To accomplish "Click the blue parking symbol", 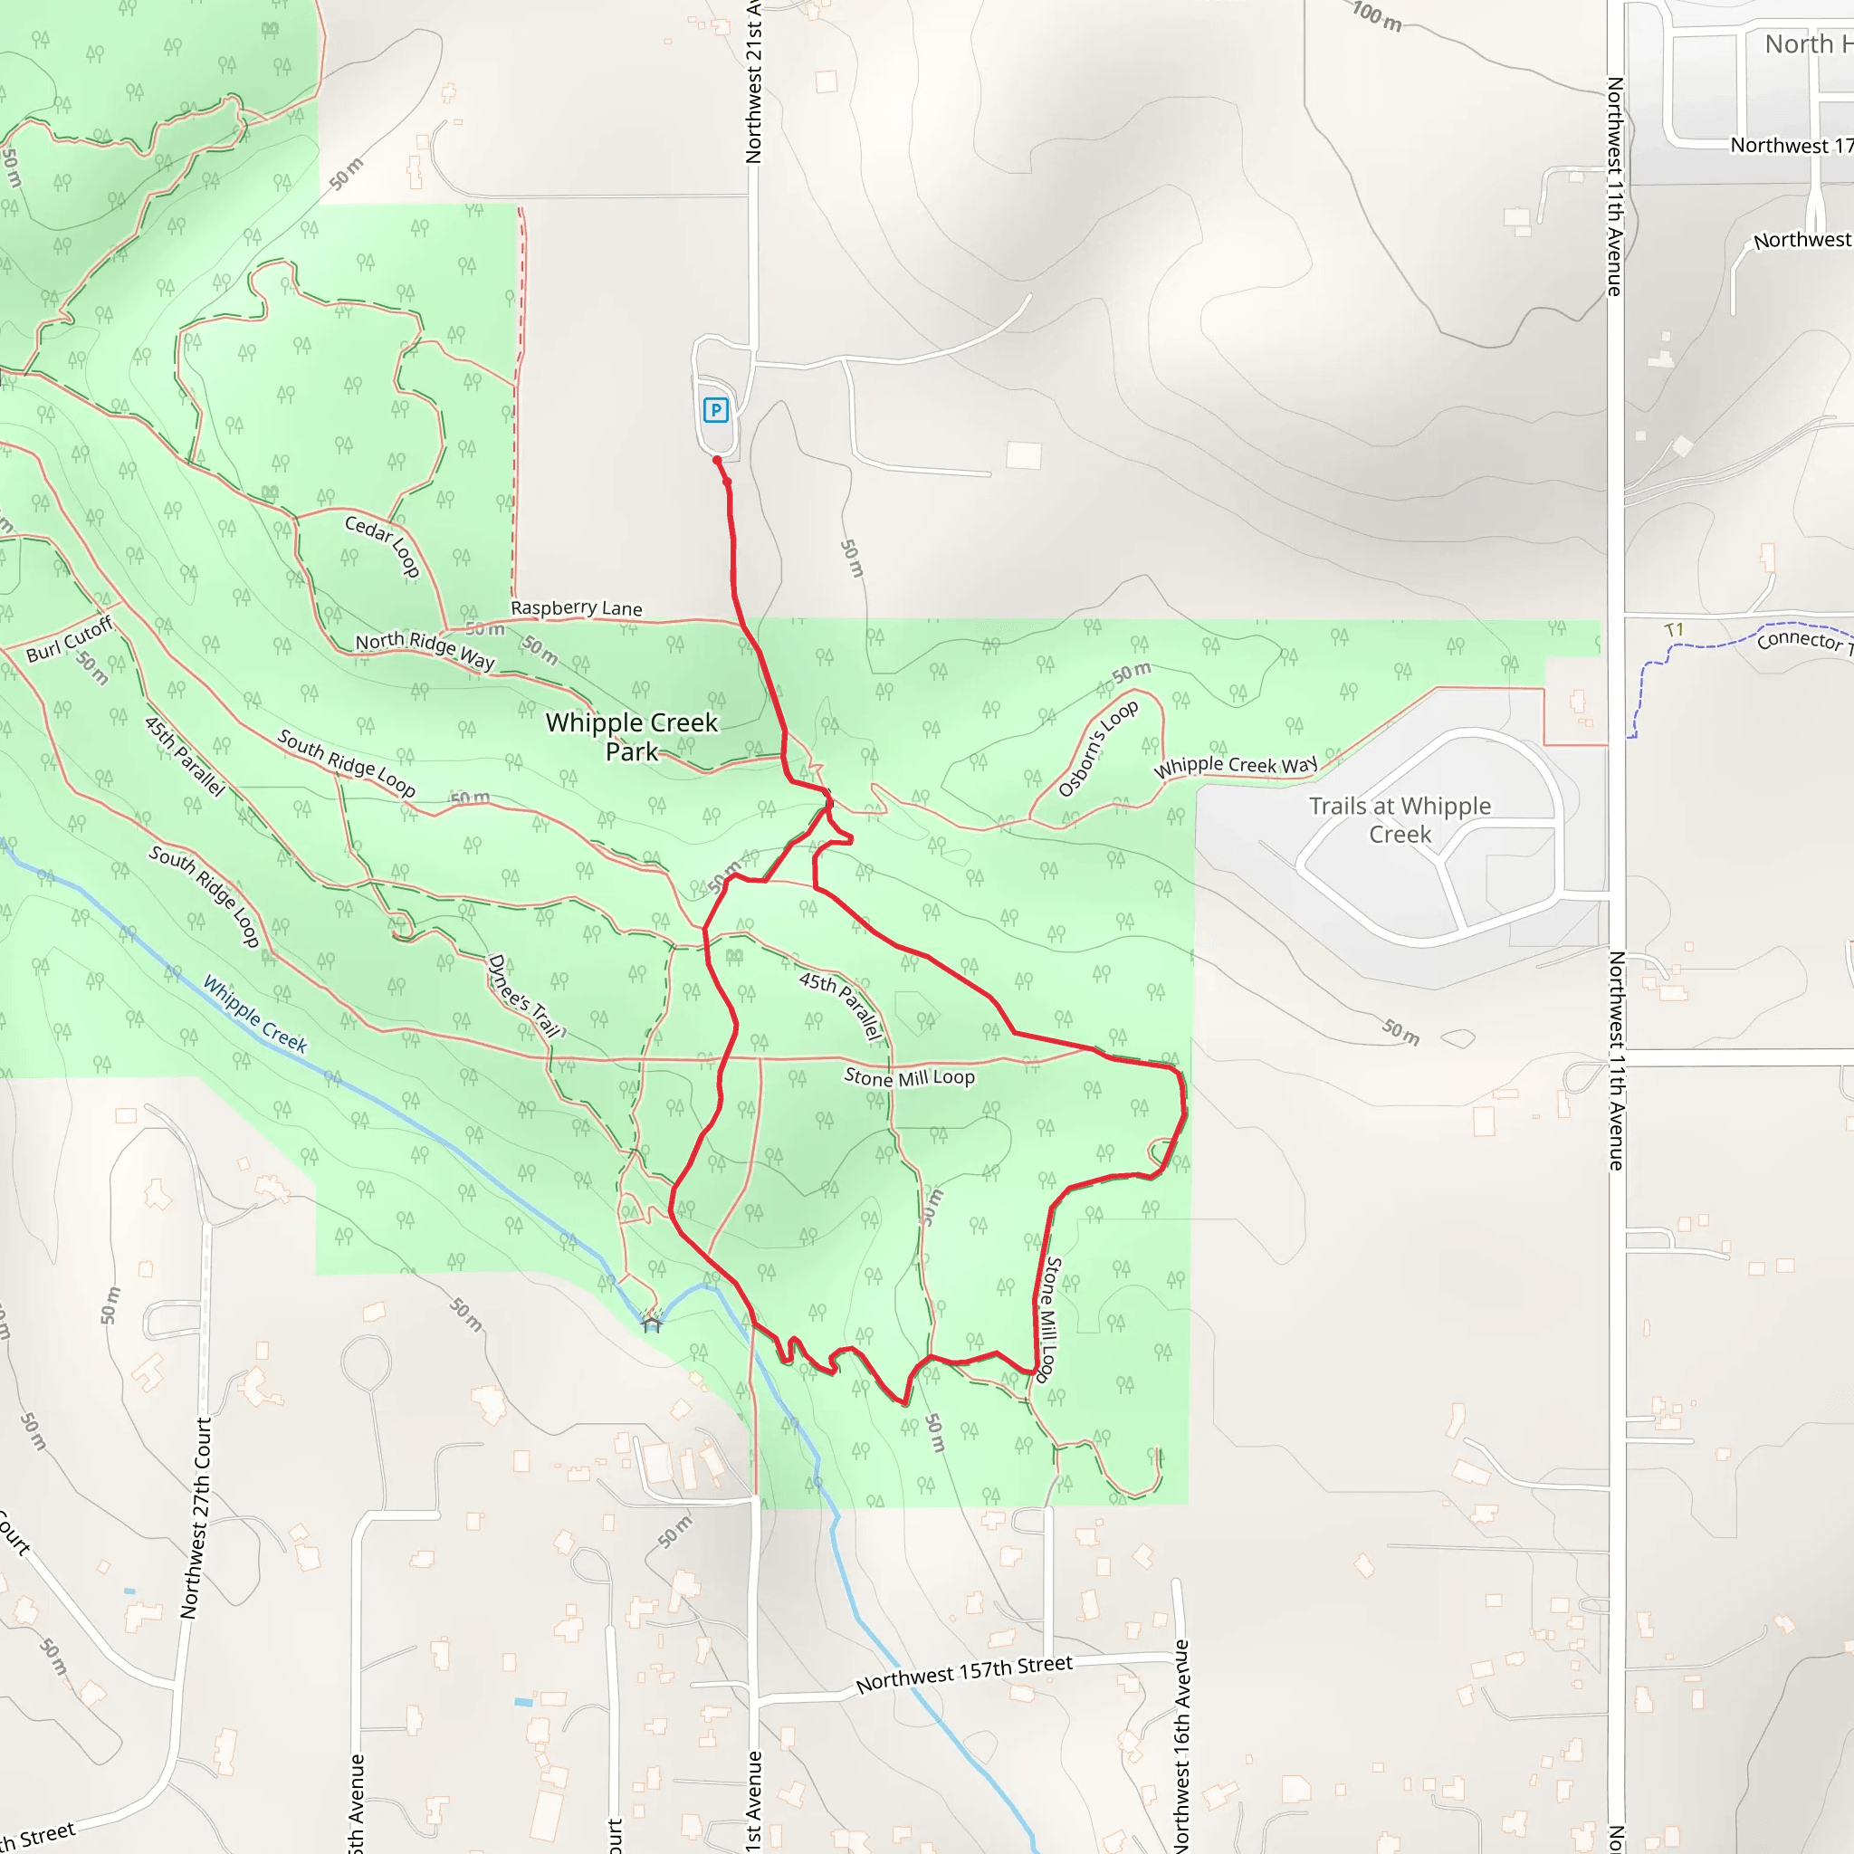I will point(716,410).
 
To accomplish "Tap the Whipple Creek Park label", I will point(632,736).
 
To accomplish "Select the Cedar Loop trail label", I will point(382,546).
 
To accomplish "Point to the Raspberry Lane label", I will point(576,607).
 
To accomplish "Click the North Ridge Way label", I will point(425,650).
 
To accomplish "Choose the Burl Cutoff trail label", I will point(69,639).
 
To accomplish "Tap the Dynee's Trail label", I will point(524,996).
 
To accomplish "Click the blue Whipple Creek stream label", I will point(254,1014).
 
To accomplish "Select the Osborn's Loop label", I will point(1098,749).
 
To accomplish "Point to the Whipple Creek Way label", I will point(1235,765).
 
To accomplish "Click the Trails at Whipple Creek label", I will point(1400,819).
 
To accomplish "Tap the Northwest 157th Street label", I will point(963,1674).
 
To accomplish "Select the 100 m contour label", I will point(1377,16).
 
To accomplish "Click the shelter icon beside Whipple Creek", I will point(652,1324).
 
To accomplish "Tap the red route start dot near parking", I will point(717,461).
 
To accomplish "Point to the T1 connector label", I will point(1674,629).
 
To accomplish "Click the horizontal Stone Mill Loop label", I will point(909,1076).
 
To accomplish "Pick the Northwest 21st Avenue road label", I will point(753,81).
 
